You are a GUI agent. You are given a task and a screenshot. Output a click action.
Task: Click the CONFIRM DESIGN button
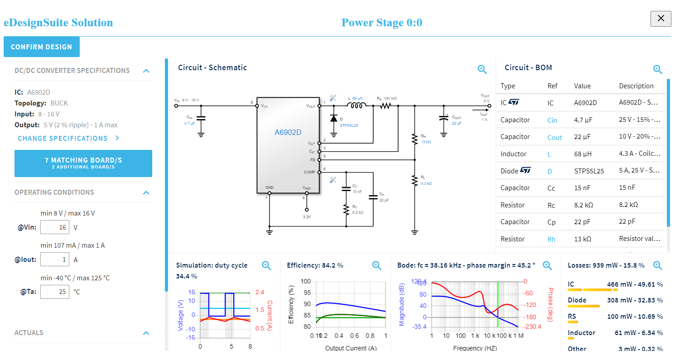41,47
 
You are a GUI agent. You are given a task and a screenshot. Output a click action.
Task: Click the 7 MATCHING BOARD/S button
83,163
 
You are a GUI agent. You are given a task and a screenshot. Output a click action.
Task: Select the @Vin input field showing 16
55,227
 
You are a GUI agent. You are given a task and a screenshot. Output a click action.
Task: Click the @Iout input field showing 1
55,259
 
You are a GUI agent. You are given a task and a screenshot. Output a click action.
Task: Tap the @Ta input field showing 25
55,292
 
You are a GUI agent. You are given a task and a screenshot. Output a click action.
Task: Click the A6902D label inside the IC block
288,133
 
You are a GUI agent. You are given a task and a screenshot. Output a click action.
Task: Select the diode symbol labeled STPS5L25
334,119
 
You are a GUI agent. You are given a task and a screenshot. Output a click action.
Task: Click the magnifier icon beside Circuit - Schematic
482,69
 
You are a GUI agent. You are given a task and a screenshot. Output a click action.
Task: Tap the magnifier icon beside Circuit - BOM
657,69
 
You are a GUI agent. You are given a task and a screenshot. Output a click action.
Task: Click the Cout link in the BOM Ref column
555,138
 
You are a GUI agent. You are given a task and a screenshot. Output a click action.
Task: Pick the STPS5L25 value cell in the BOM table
588,171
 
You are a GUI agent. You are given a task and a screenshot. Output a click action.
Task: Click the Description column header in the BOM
636,86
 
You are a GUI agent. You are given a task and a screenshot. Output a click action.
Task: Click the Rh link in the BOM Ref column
551,239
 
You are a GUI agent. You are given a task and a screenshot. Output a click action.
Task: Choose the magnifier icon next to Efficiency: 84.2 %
376,266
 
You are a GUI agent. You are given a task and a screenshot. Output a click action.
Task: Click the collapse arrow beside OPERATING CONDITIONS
146,192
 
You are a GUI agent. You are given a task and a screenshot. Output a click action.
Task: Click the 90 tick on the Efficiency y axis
307,304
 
